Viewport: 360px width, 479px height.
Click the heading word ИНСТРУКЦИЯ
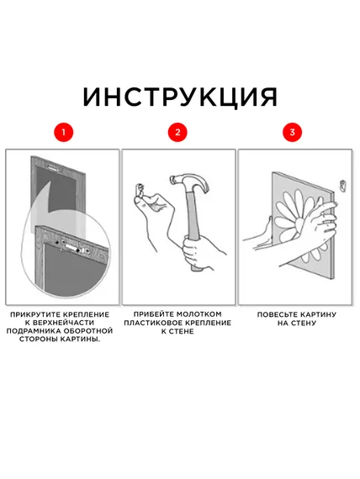click(180, 96)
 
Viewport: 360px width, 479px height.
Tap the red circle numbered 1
click(61, 133)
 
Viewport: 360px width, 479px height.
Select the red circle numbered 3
click(292, 133)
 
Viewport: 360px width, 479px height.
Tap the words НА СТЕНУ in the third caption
click(292, 322)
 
